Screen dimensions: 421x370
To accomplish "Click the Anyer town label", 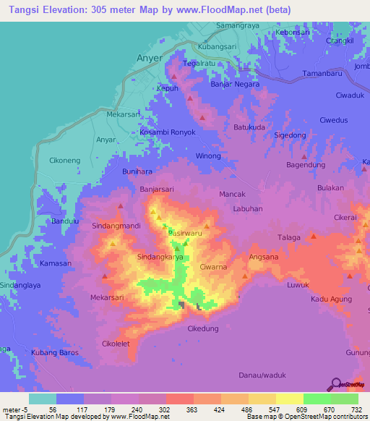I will point(148,56).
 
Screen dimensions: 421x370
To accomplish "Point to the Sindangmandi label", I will point(115,226).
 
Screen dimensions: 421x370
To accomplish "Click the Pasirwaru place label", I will point(184,232).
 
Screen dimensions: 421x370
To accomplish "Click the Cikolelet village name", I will point(116,344).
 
